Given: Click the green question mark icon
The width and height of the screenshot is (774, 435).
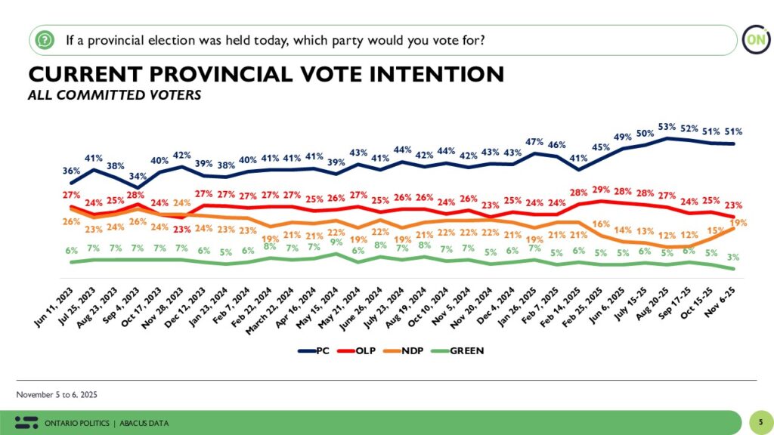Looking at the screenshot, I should [x=45, y=39].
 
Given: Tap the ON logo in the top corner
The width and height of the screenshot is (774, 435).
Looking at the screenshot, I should [x=752, y=39].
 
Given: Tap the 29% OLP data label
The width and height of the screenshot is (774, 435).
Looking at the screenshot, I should [x=601, y=189].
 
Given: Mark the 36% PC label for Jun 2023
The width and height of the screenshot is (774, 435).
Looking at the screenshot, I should [x=70, y=170].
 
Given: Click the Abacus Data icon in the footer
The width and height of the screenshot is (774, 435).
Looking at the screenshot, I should [x=26, y=422].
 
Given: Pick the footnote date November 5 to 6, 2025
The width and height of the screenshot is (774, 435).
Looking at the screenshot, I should [x=57, y=395].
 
